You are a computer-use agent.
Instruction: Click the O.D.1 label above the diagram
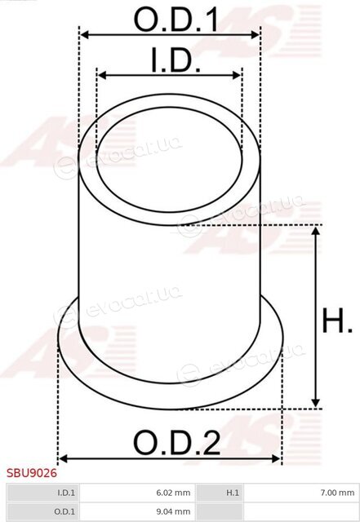[176, 20]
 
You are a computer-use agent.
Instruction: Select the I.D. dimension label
[176, 60]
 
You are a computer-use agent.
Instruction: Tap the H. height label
[336, 321]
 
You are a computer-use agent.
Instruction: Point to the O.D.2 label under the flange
[176, 442]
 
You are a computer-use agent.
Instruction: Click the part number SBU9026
[32, 473]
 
